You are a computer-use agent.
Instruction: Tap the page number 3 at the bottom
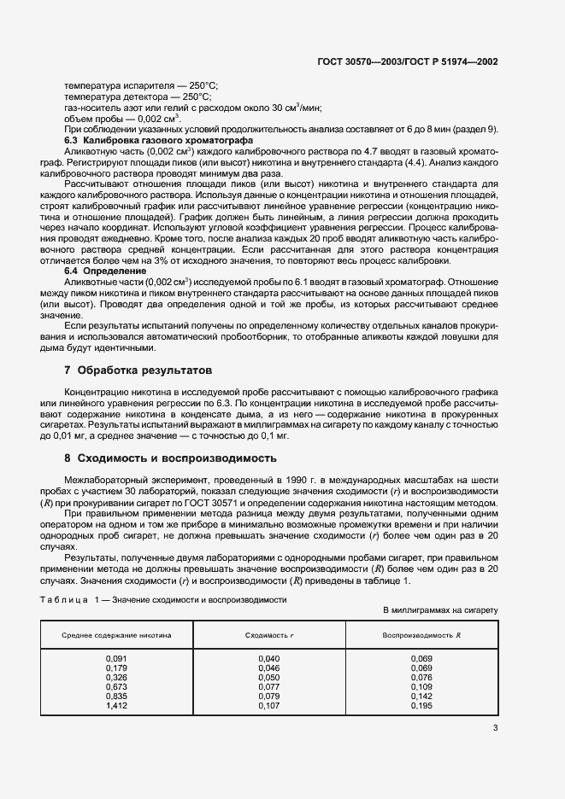coord(495,727)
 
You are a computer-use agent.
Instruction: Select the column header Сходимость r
coord(268,636)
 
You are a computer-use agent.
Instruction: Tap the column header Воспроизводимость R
coord(421,636)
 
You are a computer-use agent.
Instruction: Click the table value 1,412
coord(116,706)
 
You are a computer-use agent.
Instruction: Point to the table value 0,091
coord(116,659)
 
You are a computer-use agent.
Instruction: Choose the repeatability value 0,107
coord(268,706)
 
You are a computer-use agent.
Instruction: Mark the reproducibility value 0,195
coord(421,706)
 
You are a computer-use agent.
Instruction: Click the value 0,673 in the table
coord(116,687)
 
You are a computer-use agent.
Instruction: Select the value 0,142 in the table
coord(421,697)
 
